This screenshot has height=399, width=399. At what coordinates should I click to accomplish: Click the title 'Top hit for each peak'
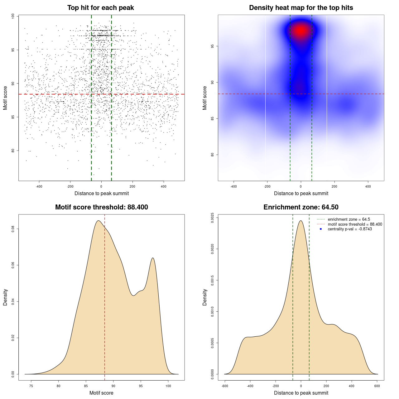point(100,8)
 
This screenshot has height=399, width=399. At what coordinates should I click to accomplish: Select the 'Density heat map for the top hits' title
point(301,8)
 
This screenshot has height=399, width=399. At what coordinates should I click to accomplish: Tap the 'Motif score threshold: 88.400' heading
point(101,207)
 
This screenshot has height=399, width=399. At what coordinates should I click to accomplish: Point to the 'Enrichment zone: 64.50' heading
point(301,207)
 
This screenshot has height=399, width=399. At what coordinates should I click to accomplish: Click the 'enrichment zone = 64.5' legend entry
point(349,219)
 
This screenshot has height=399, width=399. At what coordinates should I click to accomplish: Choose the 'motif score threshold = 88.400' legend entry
point(355,224)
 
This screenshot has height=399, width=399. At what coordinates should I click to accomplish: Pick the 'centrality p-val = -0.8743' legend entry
point(350,229)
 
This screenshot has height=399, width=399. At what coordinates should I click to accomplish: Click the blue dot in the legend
point(321,229)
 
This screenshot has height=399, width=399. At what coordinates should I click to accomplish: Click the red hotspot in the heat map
point(301,31)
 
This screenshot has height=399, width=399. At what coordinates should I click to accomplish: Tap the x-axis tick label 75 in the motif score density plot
point(31,386)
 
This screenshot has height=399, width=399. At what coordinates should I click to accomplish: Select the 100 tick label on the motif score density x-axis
point(168,386)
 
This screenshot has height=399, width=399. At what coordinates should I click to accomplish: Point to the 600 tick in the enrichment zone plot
point(377,386)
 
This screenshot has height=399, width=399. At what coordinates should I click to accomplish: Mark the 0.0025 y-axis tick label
point(213,218)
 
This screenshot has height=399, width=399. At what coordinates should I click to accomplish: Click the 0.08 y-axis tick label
point(13,229)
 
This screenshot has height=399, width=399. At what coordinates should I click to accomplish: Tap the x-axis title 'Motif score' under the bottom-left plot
point(101,393)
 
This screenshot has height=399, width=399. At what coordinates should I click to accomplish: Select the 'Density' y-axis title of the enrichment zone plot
point(205,297)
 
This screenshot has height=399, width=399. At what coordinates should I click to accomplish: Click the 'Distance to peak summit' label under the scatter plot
point(102,194)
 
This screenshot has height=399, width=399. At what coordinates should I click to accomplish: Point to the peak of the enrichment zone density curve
point(301,221)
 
